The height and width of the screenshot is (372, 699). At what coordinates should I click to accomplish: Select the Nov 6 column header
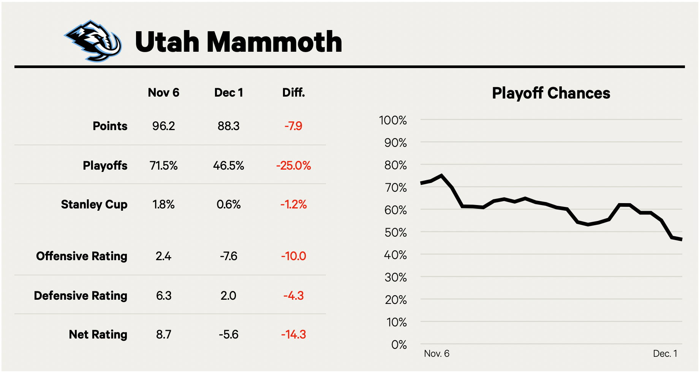tap(163, 92)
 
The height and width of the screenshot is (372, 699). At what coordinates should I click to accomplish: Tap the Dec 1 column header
tap(228, 92)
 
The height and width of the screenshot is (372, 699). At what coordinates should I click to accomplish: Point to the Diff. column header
tap(293, 92)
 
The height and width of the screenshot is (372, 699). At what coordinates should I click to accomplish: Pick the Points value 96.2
tap(163, 126)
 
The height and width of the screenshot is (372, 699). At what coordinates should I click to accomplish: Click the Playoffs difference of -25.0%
tap(293, 165)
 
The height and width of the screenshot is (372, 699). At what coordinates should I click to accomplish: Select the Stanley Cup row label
tap(94, 204)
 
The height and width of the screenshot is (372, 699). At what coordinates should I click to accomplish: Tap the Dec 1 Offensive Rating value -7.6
tap(228, 256)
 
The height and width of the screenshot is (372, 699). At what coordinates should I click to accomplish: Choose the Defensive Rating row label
tap(81, 296)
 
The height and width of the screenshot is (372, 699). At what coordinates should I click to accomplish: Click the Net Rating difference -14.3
tap(293, 334)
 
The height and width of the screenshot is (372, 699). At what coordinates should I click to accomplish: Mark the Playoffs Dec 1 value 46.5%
tap(228, 165)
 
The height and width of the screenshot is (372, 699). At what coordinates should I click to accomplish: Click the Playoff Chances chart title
tap(551, 93)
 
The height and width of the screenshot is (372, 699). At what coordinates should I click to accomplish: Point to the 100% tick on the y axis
tap(393, 120)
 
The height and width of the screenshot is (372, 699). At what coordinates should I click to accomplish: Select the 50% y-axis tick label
tap(395, 232)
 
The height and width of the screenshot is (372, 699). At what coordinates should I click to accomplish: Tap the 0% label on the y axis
tap(399, 345)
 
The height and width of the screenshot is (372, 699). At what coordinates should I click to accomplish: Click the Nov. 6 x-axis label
tap(436, 354)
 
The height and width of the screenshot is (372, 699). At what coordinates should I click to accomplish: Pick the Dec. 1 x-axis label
tap(665, 354)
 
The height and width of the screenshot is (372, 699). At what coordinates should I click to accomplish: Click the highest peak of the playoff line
tap(441, 175)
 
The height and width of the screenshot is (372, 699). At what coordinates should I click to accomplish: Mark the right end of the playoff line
tap(682, 239)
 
